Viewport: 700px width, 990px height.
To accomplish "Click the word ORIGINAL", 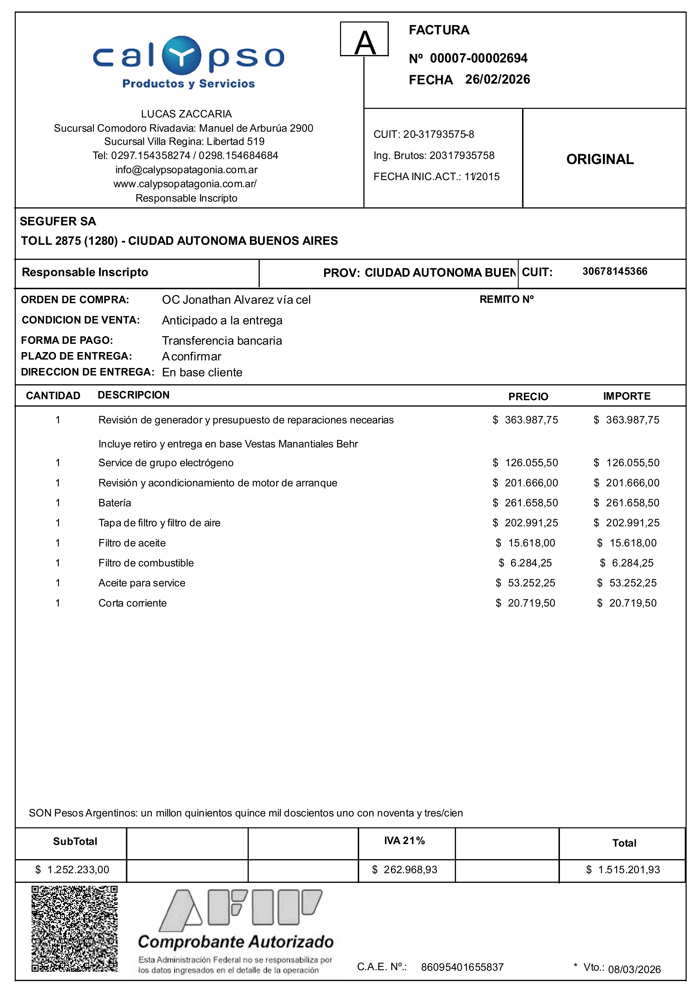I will pyautogui.click(x=600, y=159).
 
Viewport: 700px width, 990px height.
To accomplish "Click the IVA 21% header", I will pyautogui.click(x=404, y=841).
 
